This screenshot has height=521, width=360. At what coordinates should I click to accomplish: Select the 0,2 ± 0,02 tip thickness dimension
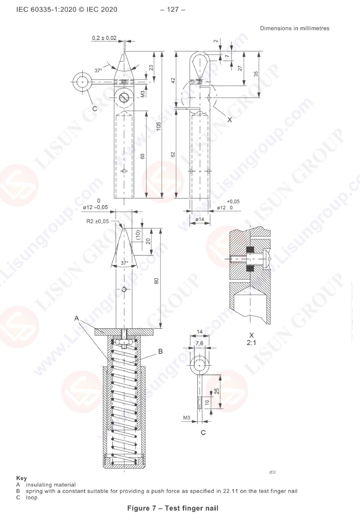[104, 38]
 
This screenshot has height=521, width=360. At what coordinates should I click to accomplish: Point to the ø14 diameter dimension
[200, 219]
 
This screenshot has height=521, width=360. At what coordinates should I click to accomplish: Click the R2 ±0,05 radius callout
[98, 221]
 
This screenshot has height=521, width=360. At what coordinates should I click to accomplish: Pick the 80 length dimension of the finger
[156, 281]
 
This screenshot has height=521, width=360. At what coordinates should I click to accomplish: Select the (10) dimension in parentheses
[138, 235]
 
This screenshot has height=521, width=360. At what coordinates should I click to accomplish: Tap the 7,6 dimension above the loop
[200, 343]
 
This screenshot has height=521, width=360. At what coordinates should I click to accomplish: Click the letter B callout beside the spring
[160, 351]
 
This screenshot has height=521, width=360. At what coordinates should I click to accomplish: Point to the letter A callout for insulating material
[77, 318]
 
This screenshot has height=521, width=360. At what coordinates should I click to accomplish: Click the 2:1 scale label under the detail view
[251, 343]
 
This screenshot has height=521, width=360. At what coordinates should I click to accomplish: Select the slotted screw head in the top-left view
[124, 98]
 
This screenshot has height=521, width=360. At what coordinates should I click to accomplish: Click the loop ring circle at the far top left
[82, 82]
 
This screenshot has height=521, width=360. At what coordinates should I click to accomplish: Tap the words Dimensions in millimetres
[295, 28]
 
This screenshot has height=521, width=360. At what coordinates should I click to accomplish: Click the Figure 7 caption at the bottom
[173, 508]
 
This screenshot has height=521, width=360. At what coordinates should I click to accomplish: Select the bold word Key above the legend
[22, 478]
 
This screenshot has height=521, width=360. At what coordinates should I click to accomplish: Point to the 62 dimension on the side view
[173, 154]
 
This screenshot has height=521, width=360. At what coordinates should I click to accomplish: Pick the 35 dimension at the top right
[256, 74]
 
